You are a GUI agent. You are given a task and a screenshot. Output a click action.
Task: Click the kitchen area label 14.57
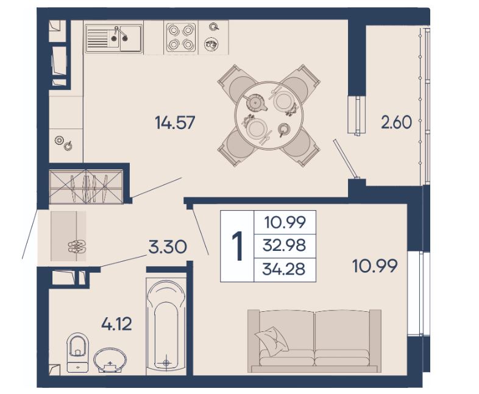coord(175,122)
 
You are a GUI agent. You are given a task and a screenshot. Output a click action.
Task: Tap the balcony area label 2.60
coord(397,122)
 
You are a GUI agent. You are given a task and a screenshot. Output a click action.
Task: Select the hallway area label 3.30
coord(168,247)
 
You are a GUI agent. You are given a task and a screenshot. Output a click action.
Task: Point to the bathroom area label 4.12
coord(116,324)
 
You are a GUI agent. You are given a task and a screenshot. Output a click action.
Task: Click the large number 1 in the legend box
coord(237,245)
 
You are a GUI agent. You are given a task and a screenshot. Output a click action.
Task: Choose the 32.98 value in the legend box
coord(284,245)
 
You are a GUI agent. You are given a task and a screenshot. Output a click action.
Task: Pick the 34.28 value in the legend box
coord(284,269)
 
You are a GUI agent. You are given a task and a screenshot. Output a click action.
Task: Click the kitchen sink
coord(113,38)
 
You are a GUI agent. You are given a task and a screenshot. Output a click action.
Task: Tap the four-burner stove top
coord(181,37)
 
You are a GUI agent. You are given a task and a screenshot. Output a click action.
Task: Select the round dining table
coord(269,115)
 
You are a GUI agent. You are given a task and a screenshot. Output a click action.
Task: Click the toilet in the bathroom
coord(77,353)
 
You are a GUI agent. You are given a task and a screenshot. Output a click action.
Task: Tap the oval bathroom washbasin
coord(110,360)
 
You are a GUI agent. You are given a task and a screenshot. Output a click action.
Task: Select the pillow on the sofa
coord(272,341)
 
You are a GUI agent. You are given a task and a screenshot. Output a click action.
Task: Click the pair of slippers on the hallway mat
coord(77,247)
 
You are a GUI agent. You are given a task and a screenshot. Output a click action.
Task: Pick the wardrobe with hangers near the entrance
coord(86,186)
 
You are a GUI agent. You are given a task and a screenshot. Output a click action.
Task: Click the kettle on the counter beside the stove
coord(211,44)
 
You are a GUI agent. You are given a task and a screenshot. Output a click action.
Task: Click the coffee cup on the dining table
coord(284,129)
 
